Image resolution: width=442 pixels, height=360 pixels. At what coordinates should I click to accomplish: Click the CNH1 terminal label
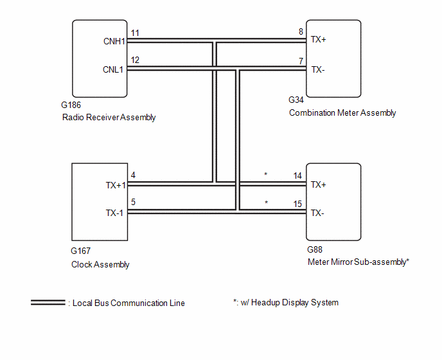(114, 42)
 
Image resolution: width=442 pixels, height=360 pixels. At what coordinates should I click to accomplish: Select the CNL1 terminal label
(113, 69)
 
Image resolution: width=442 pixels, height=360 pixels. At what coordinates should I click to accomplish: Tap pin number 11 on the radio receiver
(135, 33)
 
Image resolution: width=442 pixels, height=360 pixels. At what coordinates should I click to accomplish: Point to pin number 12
(135, 60)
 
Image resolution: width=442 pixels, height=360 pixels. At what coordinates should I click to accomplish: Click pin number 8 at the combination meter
(301, 32)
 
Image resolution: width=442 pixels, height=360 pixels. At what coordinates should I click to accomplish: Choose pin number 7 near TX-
(301, 61)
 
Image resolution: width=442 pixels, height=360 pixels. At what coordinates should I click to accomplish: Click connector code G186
(71, 105)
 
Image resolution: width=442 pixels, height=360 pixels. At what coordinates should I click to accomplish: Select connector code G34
(296, 100)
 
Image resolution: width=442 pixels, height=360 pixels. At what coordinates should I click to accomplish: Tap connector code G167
(80, 251)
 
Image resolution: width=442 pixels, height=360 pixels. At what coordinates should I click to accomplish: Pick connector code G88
(315, 249)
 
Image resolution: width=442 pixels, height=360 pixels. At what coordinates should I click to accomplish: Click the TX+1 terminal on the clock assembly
(116, 185)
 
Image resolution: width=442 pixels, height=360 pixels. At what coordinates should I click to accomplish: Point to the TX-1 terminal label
(114, 213)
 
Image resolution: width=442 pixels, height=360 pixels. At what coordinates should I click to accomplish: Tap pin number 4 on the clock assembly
(133, 175)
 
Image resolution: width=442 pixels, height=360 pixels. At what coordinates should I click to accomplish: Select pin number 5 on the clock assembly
(133, 202)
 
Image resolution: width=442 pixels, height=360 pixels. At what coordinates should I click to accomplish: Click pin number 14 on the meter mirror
(297, 175)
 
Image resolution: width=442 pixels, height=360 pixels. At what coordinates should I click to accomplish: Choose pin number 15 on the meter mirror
(297, 204)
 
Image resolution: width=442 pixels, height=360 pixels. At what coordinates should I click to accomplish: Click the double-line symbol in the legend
(48, 302)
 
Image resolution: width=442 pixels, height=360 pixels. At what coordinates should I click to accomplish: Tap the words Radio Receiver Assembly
(109, 118)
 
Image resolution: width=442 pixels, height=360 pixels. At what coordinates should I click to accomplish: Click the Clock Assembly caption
(100, 265)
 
